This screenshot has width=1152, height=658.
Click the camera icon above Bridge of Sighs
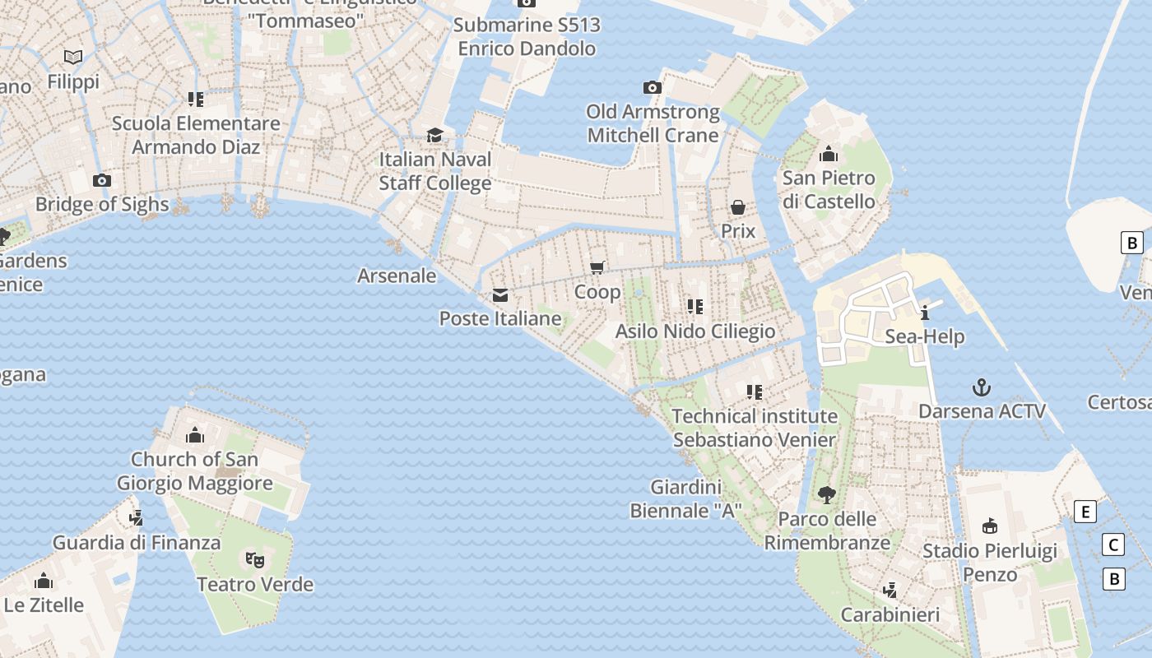(102, 180)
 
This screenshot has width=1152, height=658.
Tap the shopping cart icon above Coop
(597, 267)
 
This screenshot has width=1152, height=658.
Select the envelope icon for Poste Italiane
(499, 295)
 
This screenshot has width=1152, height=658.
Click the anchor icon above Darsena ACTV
(981, 387)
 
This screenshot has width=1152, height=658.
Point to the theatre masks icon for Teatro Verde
(255, 560)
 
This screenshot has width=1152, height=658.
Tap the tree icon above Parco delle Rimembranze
(827, 494)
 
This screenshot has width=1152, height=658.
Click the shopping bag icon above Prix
(738, 206)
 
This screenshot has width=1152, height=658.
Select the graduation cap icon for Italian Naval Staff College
(434, 135)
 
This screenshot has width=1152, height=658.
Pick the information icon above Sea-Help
(925, 313)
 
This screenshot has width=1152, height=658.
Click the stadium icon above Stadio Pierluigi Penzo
(990, 526)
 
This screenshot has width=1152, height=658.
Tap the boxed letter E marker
(1085, 512)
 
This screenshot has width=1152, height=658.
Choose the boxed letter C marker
(1113, 544)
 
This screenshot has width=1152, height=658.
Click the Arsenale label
(397, 276)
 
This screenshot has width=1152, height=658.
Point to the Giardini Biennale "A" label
(685, 499)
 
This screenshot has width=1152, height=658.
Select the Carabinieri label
(890, 614)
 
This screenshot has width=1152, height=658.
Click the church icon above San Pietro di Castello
(829, 154)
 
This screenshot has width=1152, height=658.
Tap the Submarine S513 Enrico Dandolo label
(527, 37)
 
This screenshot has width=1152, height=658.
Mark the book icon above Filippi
(73, 57)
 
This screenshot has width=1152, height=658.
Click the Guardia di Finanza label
(137, 543)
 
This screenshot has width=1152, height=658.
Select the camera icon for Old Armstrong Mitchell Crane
(653, 87)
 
